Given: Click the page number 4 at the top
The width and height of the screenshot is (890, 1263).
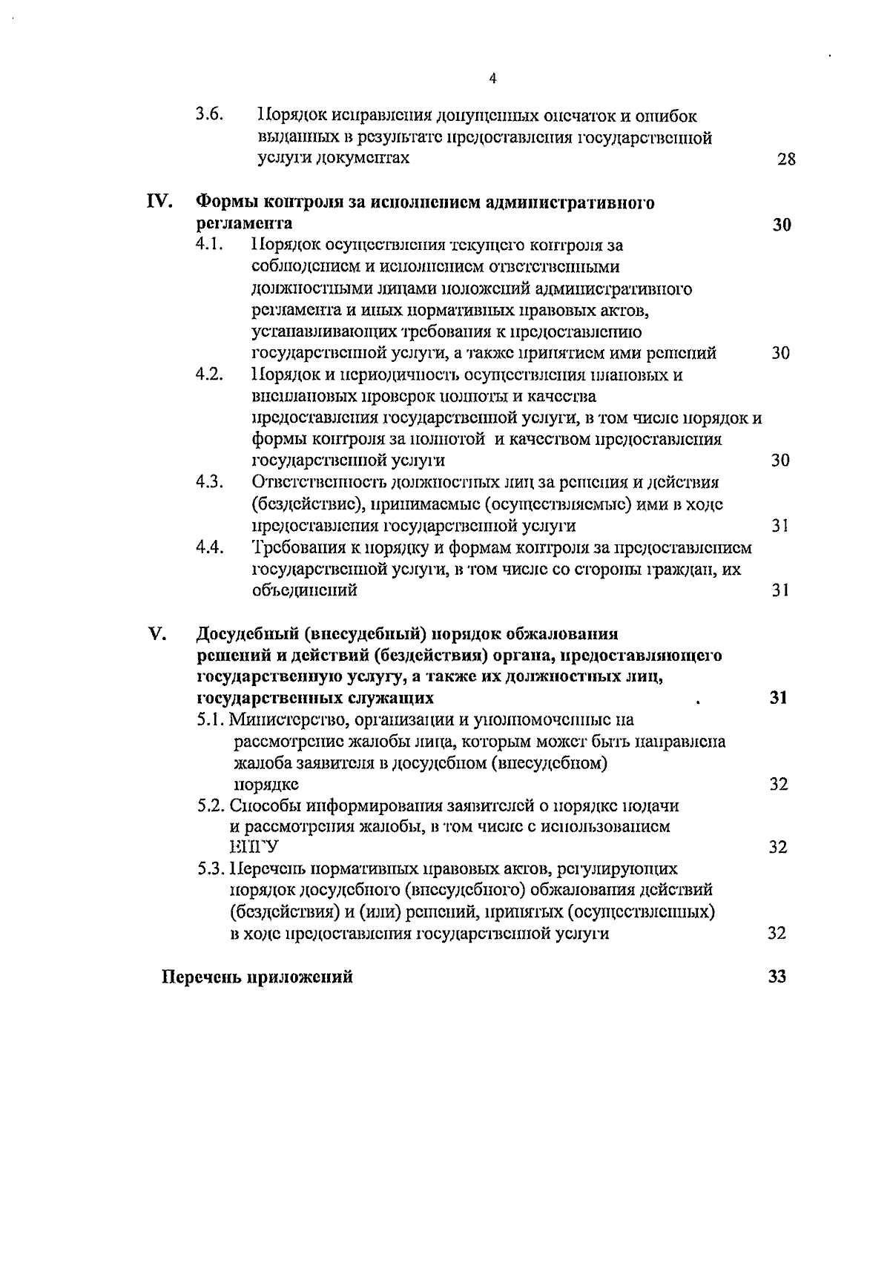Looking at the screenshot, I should click(493, 79).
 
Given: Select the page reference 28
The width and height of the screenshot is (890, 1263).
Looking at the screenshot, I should click(786, 159).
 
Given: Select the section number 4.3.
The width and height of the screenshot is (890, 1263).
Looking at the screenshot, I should click(210, 482).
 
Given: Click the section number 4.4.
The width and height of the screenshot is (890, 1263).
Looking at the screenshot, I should click(210, 547).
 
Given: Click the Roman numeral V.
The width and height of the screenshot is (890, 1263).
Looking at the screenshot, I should click(156, 634).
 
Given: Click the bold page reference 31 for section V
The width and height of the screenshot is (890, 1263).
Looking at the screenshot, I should click(778, 697).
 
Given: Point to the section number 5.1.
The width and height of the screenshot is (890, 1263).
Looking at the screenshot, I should click(211, 719).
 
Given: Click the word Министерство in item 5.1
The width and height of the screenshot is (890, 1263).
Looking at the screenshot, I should click(286, 719).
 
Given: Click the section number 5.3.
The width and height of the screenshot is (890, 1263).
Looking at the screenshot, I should click(211, 869).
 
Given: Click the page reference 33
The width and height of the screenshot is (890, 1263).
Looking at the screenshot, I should click(777, 977).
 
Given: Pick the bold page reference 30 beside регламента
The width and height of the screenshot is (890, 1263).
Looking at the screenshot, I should click(781, 225).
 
